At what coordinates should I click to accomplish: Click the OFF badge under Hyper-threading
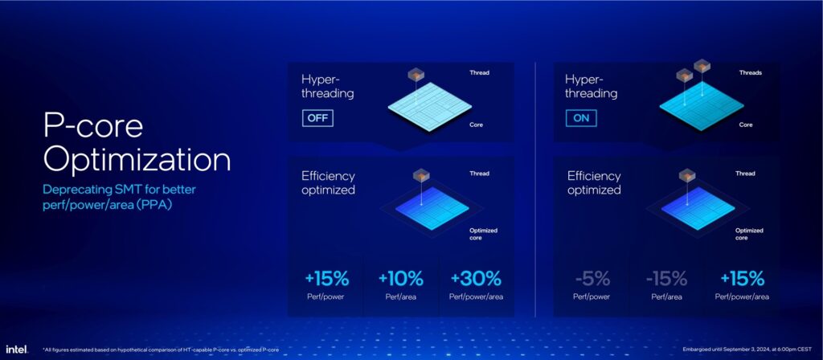click(317, 117)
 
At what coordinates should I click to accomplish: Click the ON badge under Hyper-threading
click(581, 117)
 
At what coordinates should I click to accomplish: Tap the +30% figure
click(476, 279)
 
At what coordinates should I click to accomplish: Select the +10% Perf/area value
click(400, 279)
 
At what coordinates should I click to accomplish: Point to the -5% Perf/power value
click(592, 279)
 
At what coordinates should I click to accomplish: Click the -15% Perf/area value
click(666, 279)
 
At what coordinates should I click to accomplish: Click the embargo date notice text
click(750, 350)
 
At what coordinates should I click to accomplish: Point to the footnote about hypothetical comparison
click(161, 350)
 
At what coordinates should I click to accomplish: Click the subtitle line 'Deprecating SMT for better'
click(119, 190)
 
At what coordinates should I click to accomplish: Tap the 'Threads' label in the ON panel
click(751, 73)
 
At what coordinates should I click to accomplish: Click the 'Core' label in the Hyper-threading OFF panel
click(476, 125)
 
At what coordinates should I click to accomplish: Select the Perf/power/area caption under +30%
click(476, 297)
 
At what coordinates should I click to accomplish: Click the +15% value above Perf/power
click(326, 279)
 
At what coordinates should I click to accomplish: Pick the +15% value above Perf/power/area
click(742, 279)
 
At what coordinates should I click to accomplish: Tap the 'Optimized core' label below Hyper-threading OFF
click(483, 234)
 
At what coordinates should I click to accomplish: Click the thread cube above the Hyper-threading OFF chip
click(416, 75)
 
